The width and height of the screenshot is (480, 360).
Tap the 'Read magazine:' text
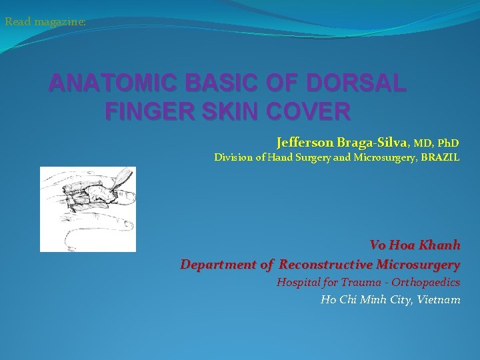click(45, 22)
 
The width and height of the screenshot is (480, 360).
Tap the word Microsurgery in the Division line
click(383, 158)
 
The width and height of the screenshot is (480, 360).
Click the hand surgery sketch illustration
click(87, 209)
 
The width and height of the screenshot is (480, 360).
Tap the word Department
click(218, 265)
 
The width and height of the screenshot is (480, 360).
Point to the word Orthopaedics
click(426, 283)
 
